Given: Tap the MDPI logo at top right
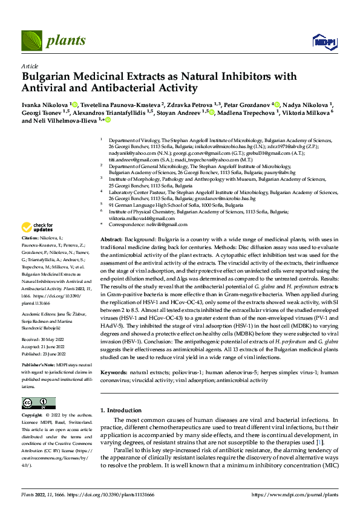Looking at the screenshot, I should coord(321,41).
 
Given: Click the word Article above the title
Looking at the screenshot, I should coord(30,66).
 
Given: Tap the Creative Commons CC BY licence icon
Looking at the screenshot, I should coord(38,403).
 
